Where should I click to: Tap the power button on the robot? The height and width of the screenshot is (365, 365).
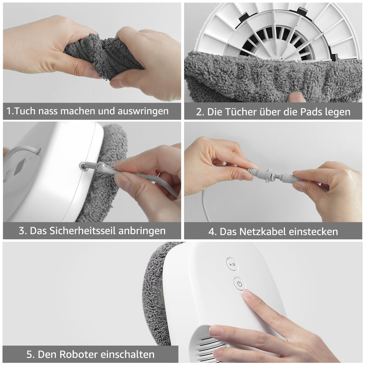pyautogui.click(x=239, y=284)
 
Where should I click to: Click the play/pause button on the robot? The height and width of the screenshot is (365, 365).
pyautogui.click(x=232, y=265)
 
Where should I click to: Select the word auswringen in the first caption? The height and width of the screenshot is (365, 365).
pyautogui.click(x=143, y=111)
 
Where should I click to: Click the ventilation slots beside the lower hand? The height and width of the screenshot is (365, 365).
pyautogui.click(x=206, y=344)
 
